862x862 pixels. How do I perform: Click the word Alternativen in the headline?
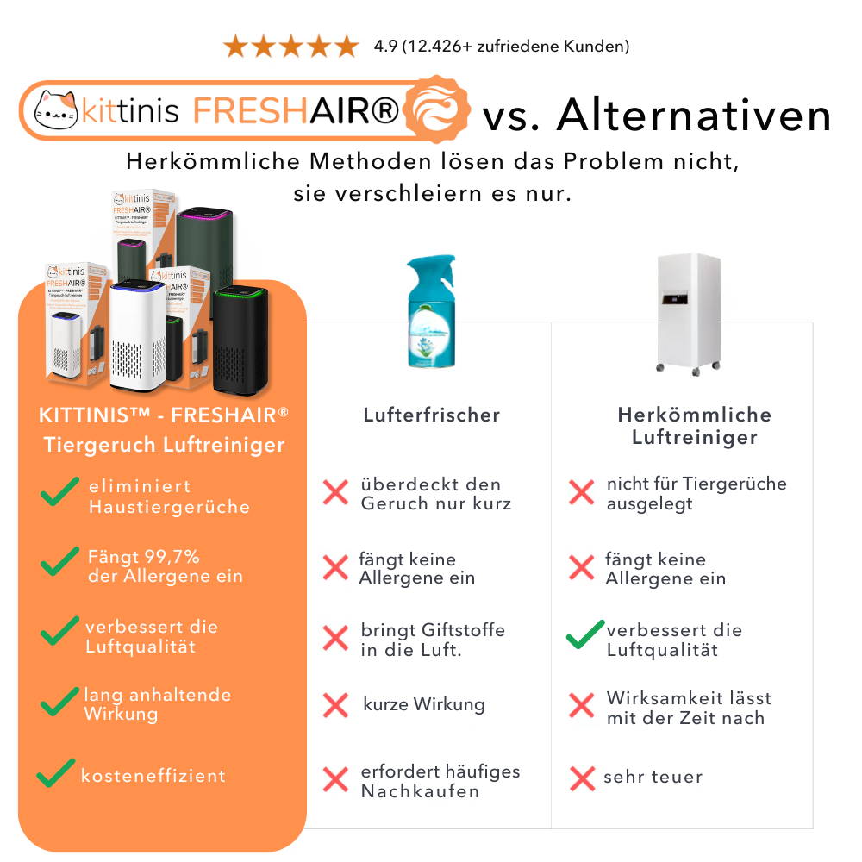694,115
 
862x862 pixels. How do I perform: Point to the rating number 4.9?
385,46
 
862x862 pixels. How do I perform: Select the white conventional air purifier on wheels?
687,310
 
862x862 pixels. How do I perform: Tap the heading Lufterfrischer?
431,415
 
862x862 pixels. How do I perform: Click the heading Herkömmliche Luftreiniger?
694,426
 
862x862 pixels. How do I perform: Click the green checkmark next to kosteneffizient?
56,772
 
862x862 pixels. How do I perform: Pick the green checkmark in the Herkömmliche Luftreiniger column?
585,635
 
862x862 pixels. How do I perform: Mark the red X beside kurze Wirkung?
335,705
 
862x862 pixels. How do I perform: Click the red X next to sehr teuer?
583,778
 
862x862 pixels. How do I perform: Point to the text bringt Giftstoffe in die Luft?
433,640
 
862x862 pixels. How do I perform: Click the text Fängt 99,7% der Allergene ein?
164,566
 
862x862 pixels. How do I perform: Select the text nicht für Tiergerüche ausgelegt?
696,493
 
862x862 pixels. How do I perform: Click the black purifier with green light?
240,340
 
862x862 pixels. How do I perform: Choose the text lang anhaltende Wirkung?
157,703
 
